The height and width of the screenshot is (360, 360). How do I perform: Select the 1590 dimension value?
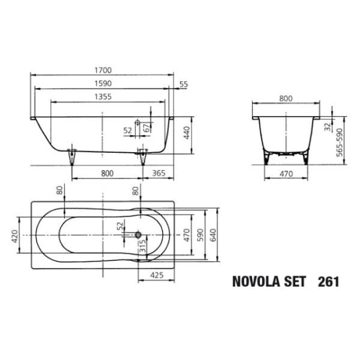click(103, 83)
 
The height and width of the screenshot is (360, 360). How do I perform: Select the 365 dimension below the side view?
click(159, 173)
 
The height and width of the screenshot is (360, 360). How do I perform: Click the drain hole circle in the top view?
click(138, 235)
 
